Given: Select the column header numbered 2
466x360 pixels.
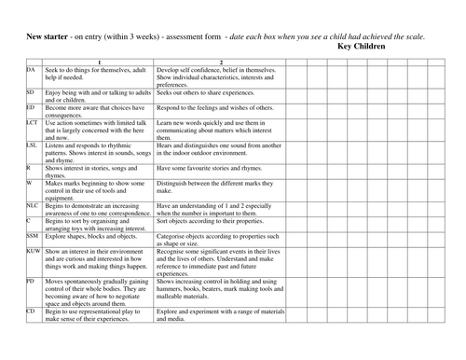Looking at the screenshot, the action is tap(220, 62).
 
